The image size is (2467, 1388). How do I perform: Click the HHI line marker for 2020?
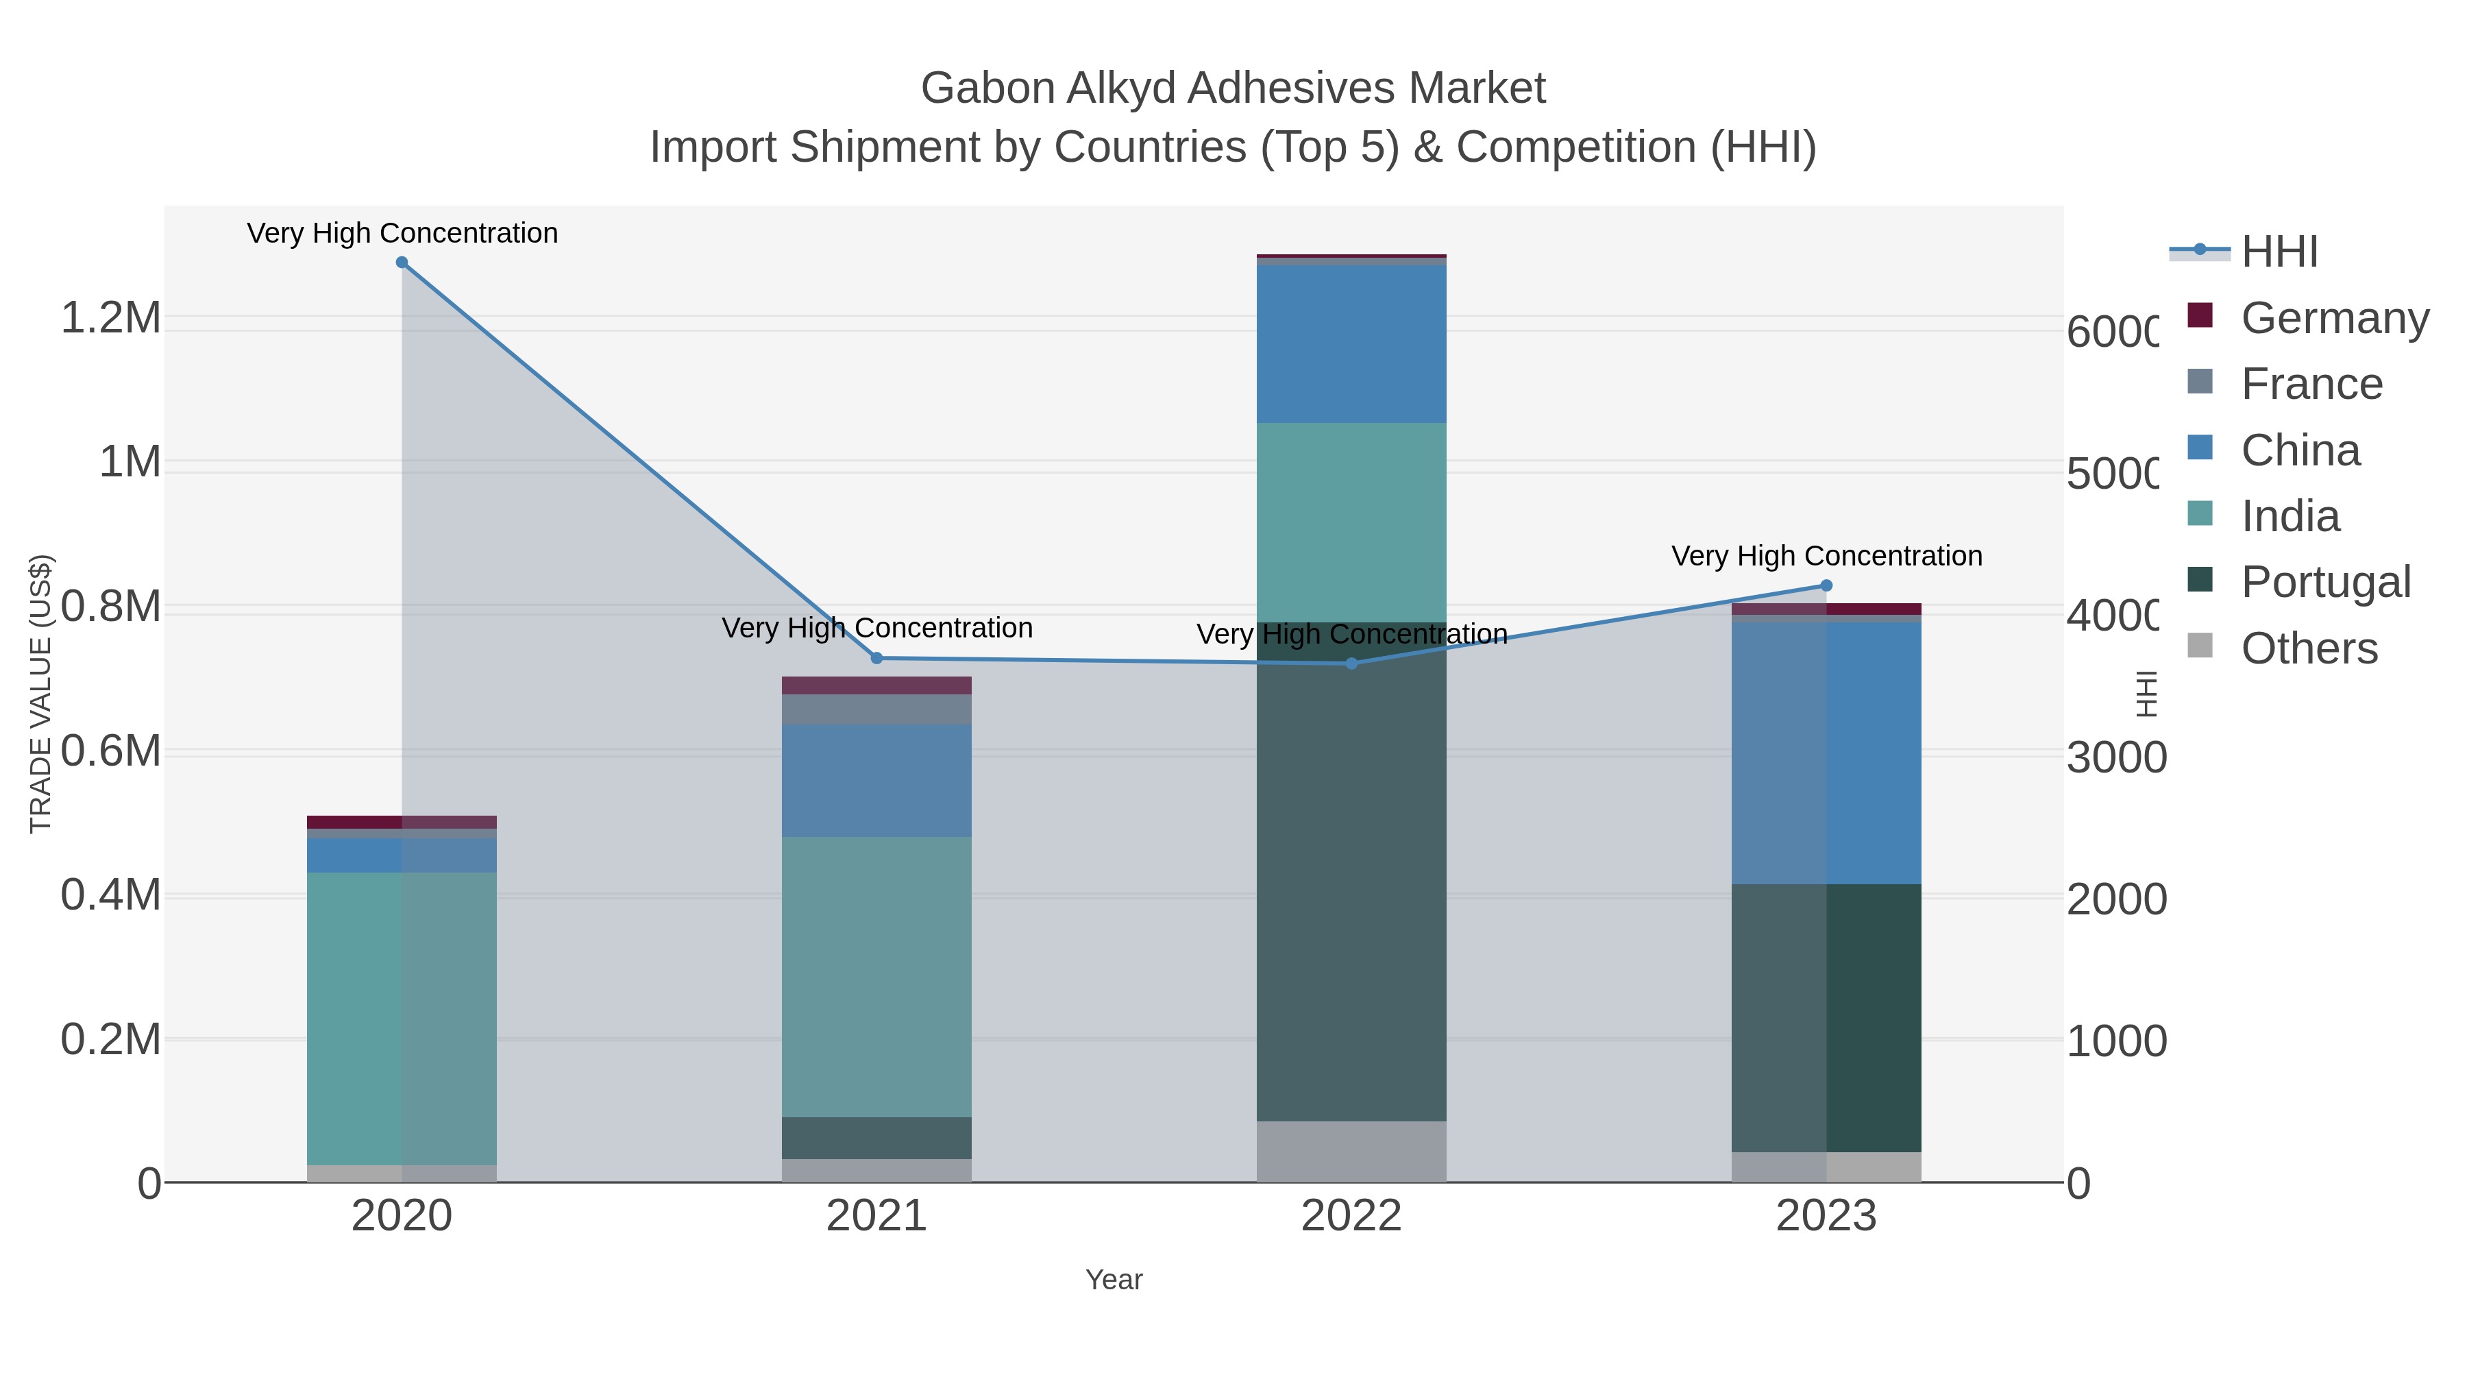(402, 263)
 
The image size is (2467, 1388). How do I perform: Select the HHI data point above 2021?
(876, 658)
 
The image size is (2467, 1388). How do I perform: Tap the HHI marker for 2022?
(1351, 663)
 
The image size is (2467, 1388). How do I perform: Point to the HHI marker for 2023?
(1826, 585)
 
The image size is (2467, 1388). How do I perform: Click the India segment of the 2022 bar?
(1351, 522)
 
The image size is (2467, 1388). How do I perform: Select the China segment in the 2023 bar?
(1826, 752)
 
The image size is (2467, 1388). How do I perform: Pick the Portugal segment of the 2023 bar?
(1826, 1017)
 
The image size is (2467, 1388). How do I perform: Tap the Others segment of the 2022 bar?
(1351, 1152)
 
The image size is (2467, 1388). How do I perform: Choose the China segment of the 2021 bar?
(876, 781)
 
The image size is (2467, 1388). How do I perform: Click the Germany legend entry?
(2335, 317)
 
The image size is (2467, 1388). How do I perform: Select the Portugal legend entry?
(2325, 581)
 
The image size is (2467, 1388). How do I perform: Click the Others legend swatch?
(2200, 646)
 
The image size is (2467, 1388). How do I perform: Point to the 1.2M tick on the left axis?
(111, 317)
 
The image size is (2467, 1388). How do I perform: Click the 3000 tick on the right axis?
(2115, 757)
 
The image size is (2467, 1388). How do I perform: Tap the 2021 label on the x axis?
(876, 1215)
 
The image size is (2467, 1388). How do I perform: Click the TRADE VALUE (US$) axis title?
(41, 694)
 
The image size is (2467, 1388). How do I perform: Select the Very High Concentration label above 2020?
(402, 233)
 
